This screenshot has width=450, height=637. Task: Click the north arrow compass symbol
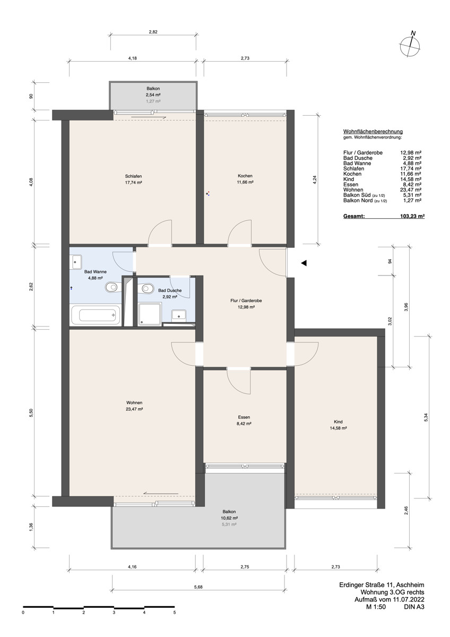410,45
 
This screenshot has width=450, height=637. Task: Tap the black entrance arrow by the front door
304,262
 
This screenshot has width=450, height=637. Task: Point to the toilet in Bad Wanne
112,288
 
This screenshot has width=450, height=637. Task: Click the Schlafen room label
134,176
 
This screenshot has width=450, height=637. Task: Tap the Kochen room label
245,176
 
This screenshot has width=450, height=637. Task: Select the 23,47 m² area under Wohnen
134,409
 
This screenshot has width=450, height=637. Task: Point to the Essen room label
244,417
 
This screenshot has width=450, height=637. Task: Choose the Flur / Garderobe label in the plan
246,300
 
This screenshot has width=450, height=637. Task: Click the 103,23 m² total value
412,217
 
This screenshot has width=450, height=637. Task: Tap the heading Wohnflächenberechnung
373,131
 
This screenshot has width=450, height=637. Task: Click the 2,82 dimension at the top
153,32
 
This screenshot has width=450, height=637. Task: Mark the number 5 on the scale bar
175,612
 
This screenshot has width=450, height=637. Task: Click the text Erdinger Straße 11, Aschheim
382,585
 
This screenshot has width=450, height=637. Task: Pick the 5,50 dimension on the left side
31,412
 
